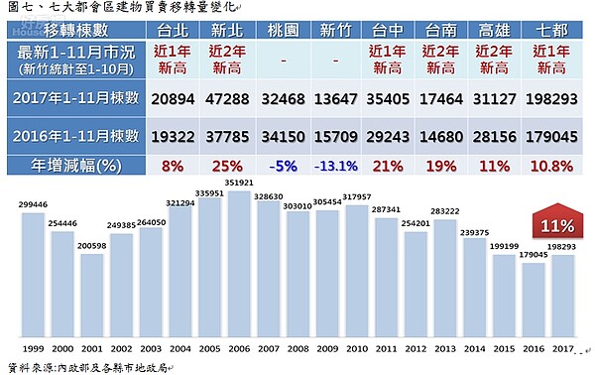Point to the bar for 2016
[534, 297]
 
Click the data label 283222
[445, 210]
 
